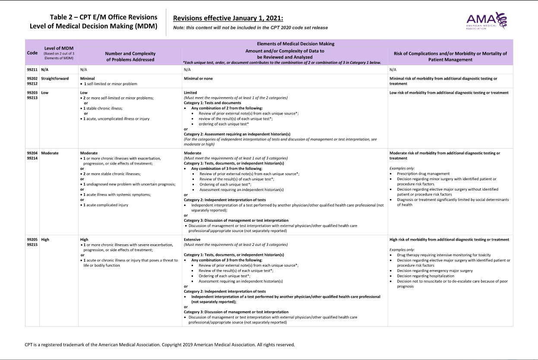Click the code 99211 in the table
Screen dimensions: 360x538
32,69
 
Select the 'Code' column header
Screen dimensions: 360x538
32,53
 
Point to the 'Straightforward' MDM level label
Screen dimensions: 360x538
55,78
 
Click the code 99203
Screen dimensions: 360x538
32,92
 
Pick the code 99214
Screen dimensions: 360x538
32,159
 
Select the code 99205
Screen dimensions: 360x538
32,239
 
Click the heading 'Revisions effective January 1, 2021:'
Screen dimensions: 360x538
228,18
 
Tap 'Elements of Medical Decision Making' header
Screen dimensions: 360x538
295,44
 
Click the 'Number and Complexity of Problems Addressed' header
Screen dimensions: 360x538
130,56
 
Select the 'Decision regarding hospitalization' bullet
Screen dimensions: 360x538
426,276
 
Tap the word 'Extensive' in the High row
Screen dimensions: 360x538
192,239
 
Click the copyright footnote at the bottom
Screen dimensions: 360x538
160,345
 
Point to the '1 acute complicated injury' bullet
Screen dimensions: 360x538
105,205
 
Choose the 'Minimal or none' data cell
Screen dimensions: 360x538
198,78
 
